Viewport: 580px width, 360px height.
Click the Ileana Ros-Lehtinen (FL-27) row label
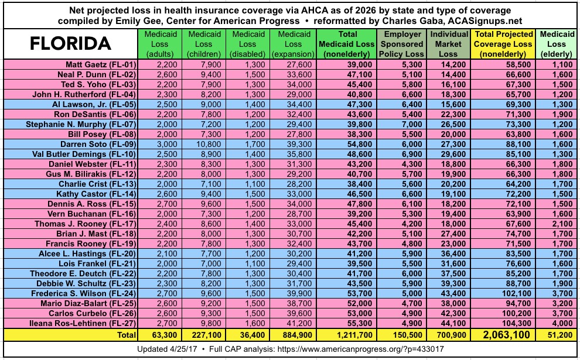[x=89, y=323]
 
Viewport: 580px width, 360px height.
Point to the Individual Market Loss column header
[x=449, y=44]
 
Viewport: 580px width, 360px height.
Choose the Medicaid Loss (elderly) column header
[x=557, y=44]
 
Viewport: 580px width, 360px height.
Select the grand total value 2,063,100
[x=498, y=335]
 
